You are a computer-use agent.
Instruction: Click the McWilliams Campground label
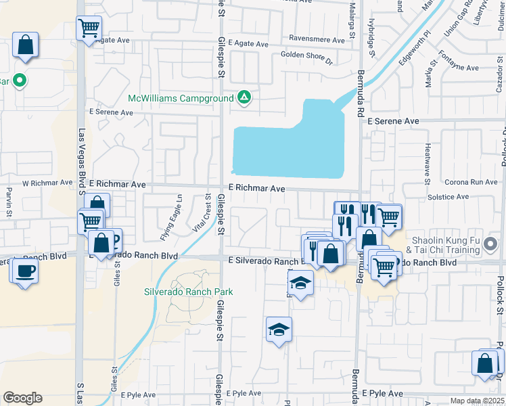[181, 98]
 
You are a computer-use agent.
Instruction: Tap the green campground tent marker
[244, 98]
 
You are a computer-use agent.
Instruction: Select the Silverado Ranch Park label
[188, 292]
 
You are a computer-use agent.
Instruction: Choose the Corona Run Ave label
[471, 182]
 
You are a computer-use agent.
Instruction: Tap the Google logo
[22, 398]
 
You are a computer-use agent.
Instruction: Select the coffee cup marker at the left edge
[25, 271]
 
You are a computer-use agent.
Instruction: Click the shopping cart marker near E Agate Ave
[89, 28]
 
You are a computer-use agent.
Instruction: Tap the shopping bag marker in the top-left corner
[25, 46]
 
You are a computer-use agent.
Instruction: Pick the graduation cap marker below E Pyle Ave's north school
[279, 330]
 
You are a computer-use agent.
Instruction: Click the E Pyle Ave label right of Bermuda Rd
[382, 393]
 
